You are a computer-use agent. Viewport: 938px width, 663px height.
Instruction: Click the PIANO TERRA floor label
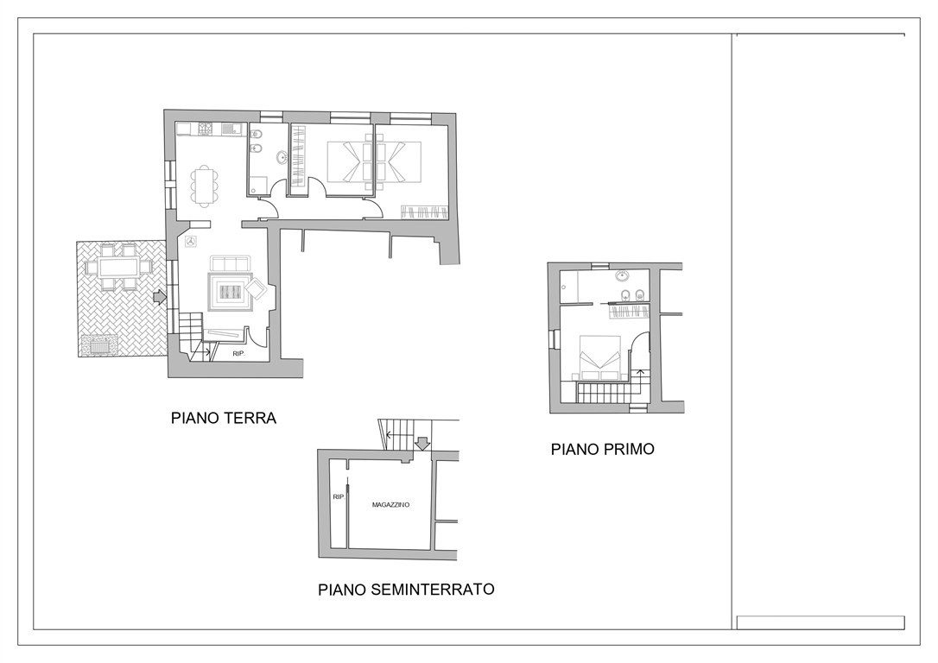click(224, 417)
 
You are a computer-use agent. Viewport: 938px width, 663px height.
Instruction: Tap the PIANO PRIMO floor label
click(602, 449)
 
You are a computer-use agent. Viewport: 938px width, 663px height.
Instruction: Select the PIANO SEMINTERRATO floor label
click(406, 590)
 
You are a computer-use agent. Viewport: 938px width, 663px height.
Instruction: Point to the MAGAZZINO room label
click(390, 504)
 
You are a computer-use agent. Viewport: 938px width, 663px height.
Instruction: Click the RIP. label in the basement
click(339, 496)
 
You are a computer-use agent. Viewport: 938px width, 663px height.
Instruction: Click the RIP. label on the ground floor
click(239, 354)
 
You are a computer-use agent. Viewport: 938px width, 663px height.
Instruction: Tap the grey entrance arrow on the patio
click(160, 296)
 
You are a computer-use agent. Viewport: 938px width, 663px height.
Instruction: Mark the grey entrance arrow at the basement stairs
click(423, 443)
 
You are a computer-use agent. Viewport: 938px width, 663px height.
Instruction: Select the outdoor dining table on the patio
click(117, 266)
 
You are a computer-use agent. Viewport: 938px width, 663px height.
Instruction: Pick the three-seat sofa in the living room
click(230, 263)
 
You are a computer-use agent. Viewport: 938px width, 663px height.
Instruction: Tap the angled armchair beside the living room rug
click(258, 290)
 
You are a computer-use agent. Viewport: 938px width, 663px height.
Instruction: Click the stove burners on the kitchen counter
click(206, 129)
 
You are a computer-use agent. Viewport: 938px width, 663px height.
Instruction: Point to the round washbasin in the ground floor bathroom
click(281, 158)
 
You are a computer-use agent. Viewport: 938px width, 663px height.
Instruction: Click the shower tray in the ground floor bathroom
click(258, 185)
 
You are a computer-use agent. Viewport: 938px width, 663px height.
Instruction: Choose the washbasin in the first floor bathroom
click(622, 276)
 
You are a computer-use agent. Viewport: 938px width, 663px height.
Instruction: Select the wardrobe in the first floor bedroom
click(629, 310)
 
